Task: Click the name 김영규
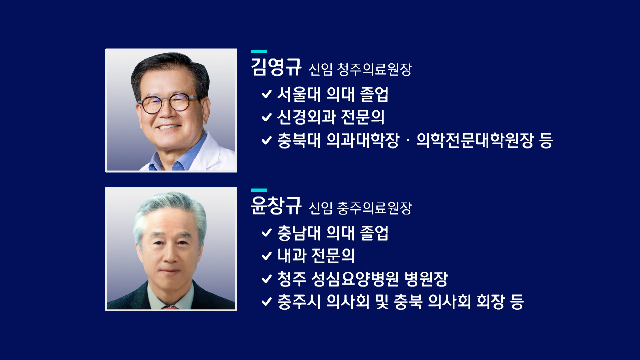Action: [x=276, y=67]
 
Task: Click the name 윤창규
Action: [x=276, y=206]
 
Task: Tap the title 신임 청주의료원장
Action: [x=360, y=69]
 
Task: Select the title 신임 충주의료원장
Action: [x=360, y=208]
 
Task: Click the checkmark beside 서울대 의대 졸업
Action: [x=267, y=94]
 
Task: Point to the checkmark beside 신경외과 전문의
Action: [x=267, y=117]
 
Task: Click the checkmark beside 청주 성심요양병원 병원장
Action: [x=267, y=279]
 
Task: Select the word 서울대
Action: [x=299, y=94]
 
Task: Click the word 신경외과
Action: [x=306, y=117]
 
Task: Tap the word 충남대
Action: [x=299, y=233]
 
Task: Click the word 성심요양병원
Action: [x=355, y=279]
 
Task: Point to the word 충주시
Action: [x=299, y=302]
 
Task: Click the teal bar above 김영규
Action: [x=259, y=51]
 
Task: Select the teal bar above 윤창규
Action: [x=259, y=190]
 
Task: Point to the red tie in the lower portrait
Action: [x=170, y=307]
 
